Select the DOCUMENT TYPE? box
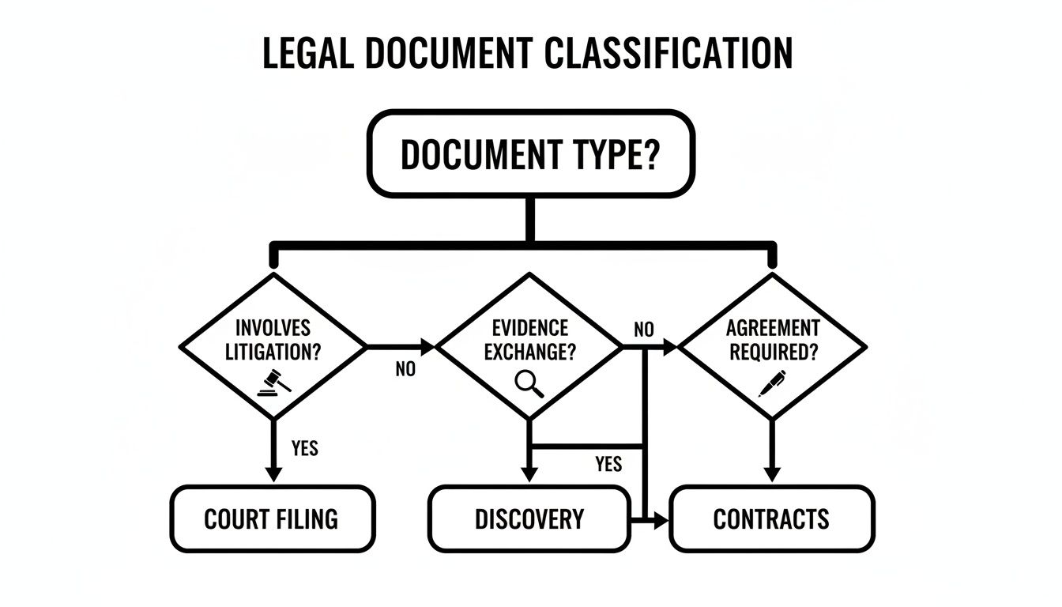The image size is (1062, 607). [x=530, y=153]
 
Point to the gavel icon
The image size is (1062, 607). [x=274, y=382]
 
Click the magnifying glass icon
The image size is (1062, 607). [x=529, y=383]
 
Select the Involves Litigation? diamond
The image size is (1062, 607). [x=273, y=345]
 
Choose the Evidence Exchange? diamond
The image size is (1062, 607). [x=529, y=345]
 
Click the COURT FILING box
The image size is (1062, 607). [x=273, y=519]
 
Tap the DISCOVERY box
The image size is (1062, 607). [x=529, y=519]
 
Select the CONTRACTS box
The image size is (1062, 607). [x=772, y=519]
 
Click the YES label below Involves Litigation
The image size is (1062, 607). [x=304, y=448]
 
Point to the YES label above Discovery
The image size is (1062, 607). [x=608, y=464]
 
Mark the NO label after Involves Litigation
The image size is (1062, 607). [x=405, y=369]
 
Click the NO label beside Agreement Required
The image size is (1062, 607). [x=644, y=330]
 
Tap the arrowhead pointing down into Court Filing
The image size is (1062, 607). [x=273, y=473]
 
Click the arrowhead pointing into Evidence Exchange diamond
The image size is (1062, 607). [x=428, y=346]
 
